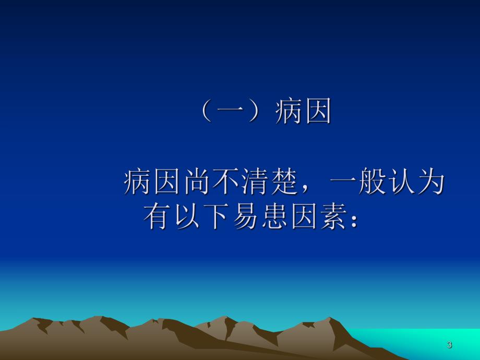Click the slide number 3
pyautogui.click(x=449, y=345)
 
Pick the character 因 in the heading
pyautogui.click(x=318, y=112)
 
